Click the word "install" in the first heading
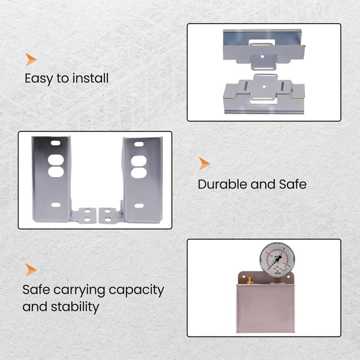(90, 78)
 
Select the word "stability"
(75, 307)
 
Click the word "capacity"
(136, 290)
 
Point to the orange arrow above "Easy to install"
(31, 59)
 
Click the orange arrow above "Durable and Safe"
(204, 164)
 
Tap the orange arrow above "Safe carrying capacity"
(31, 270)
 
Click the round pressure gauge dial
(277, 259)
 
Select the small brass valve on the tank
(250, 280)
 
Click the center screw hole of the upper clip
(262, 56)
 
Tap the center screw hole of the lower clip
(264, 86)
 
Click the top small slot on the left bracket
(56, 143)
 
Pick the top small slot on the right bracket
(139, 144)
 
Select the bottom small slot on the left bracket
(56, 205)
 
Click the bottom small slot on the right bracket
(139, 205)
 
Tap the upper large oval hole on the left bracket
(56, 160)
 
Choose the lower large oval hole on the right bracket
(139, 173)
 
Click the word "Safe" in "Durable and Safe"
(293, 184)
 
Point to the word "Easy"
(39, 79)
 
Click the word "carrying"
(79, 290)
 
